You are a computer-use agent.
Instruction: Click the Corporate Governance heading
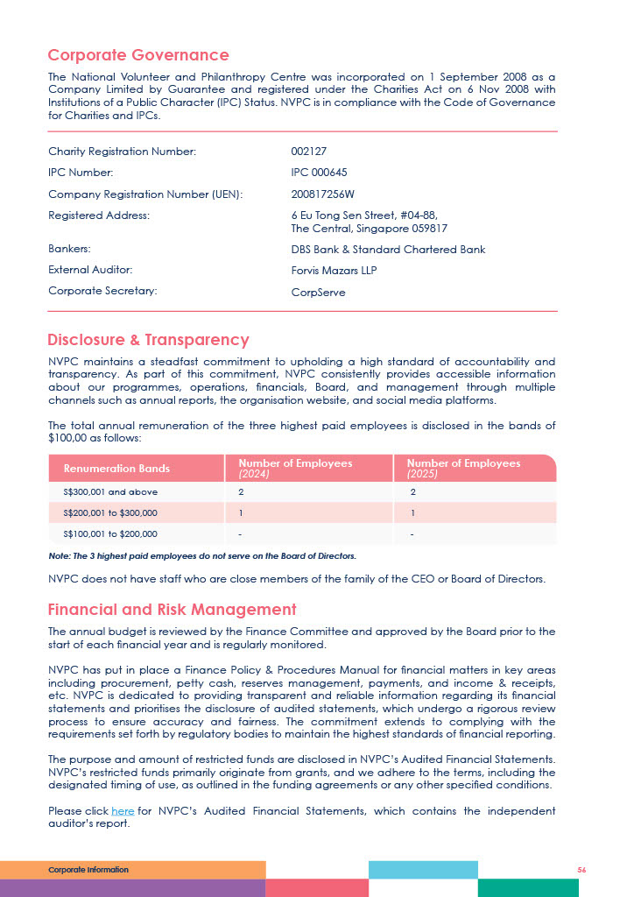(138, 56)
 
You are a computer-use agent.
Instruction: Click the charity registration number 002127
(308, 152)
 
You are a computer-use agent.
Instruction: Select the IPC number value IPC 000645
(319, 173)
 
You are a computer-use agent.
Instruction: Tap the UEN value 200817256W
(322, 194)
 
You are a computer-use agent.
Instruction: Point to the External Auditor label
(90, 270)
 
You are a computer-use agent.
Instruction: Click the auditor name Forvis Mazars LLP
(334, 271)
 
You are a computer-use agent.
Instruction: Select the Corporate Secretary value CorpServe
(318, 293)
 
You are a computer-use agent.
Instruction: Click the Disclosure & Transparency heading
(148, 340)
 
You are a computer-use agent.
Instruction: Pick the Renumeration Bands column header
(116, 469)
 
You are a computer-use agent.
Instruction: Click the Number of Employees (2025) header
(463, 468)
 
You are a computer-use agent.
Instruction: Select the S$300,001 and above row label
(110, 492)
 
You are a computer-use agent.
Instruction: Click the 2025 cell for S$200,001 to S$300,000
(412, 512)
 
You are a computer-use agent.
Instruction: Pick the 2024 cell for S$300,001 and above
(241, 492)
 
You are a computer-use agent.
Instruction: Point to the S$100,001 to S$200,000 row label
(110, 533)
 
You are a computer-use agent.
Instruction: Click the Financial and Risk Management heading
(172, 610)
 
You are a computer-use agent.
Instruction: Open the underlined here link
(123, 811)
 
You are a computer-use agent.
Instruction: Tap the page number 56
(581, 870)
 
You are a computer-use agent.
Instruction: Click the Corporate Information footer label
(88, 870)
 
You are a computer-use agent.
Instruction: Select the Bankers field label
(69, 249)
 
